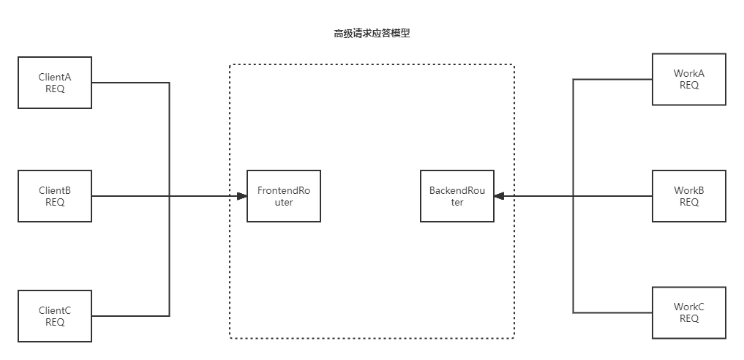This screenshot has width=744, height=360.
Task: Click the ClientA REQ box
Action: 55,83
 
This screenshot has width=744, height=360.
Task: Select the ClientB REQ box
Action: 55,196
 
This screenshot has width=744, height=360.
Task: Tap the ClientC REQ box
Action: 55,316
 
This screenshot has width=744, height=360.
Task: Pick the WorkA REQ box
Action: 689,79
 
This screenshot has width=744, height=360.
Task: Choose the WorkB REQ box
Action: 689,196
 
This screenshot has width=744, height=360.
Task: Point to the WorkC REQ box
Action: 689,312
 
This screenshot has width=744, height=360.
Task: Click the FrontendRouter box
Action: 284,196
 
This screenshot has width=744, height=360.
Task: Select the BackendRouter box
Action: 457,196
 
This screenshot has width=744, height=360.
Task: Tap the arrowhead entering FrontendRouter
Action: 241,196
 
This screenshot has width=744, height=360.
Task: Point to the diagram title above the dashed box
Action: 372,34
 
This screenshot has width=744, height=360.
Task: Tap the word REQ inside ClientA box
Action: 55,89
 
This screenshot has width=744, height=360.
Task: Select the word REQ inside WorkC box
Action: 689,318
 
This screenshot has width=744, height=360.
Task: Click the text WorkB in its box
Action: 689,190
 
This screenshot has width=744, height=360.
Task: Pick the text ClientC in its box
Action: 55,310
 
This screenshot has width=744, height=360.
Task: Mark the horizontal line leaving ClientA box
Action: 130,83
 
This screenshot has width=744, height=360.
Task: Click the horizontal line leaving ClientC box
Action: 130,316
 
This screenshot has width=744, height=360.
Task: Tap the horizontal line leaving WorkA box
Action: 613,79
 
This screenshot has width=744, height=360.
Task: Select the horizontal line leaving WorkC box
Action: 613,312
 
